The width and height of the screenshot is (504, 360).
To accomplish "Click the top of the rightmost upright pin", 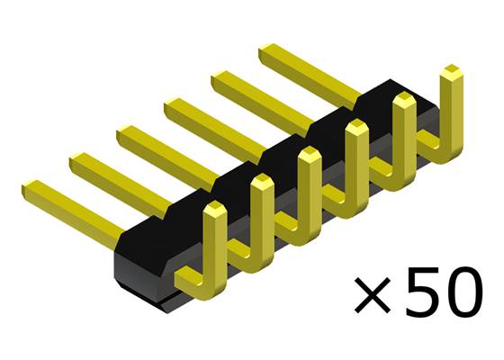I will (x=452, y=72).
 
